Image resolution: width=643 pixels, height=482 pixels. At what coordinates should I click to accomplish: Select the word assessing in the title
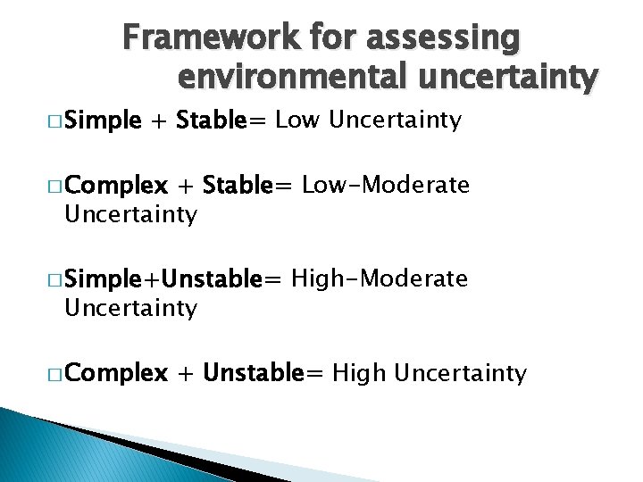point(451,38)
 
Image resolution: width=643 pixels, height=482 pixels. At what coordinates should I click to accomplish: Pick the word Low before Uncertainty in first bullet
point(297,120)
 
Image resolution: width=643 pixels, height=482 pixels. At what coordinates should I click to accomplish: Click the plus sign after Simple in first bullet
point(160,120)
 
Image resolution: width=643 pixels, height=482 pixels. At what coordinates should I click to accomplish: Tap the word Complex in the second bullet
point(115,186)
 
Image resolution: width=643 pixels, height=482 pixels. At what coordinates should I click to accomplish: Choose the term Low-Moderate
point(385,186)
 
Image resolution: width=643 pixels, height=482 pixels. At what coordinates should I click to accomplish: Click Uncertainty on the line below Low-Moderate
point(129,215)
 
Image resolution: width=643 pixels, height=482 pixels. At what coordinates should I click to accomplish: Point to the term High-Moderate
point(379,279)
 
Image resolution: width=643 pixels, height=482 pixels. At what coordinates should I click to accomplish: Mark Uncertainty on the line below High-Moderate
point(129,309)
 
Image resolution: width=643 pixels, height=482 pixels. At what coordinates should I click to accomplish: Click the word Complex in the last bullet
point(115,373)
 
